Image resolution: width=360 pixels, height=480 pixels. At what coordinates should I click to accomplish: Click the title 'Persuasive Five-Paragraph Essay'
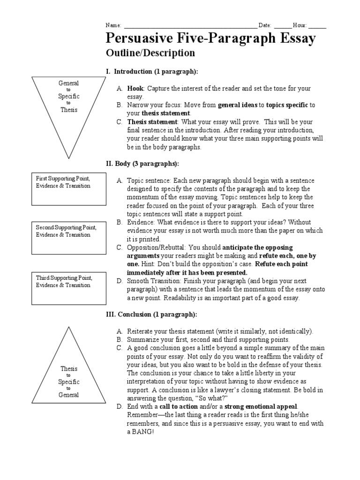pyautogui.click(x=211, y=39)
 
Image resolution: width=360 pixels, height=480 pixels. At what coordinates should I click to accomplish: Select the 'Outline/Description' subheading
pyautogui.click(x=150, y=53)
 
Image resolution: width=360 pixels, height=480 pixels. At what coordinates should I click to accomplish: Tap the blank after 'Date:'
pyautogui.click(x=282, y=25)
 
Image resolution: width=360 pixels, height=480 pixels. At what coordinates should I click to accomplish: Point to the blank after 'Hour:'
pyautogui.click(x=317, y=25)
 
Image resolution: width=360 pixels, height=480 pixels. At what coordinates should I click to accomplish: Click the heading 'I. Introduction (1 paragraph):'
pyautogui.click(x=152, y=71)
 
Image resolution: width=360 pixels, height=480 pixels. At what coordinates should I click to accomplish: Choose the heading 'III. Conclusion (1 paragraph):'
pyautogui.click(x=151, y=314)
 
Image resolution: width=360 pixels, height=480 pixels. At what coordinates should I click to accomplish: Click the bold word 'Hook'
pyautogui.click(x=135, y=89)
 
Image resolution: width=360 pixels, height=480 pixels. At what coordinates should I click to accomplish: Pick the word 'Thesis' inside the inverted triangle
pyautogui.click(x=68, y=110)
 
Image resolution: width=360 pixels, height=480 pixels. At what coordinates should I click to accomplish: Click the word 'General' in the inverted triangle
pyautogui.click(x=68, y=83)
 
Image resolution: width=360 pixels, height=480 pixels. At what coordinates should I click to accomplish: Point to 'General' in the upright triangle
pyautogui.click(x=68, y=395)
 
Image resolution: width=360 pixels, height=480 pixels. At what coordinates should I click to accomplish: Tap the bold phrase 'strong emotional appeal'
pyautogui.click(x=261, y=406)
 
